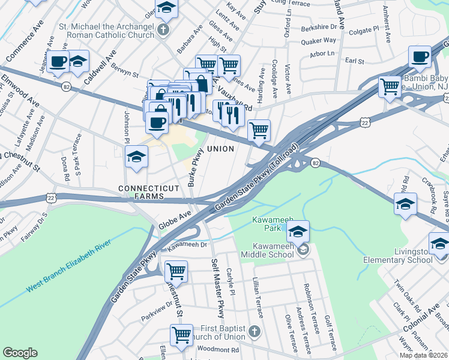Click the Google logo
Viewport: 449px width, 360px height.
click(x=20, y=352)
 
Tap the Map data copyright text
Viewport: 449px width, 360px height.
click(x=423, y=355)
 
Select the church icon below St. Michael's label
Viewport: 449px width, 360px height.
click(x=163, y=29)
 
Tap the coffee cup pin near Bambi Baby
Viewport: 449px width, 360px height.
click(x=420, y=58)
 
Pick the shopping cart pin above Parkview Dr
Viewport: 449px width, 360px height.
click(x=176, y=272)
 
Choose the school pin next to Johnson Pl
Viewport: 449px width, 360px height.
click(x=136, y=158)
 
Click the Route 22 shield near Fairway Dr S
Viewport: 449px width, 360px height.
click(x=52, y=198)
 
